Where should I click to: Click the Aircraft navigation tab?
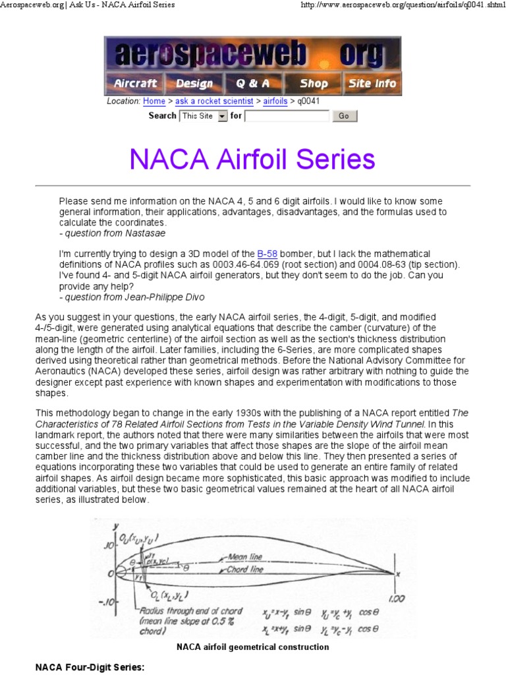135,83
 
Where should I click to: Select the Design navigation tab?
194,83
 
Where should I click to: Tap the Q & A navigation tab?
253,83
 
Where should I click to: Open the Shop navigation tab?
314,83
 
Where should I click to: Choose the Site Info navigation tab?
372,83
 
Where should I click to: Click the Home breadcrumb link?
154,102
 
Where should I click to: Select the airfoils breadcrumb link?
275,102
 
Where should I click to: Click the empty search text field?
287,116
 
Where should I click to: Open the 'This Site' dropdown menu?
204,116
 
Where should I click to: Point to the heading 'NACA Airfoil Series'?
252,160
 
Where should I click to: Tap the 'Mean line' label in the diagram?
246,556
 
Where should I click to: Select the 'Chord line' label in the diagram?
245,568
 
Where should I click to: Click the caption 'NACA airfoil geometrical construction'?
252,647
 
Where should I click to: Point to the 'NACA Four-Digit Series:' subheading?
90,668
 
